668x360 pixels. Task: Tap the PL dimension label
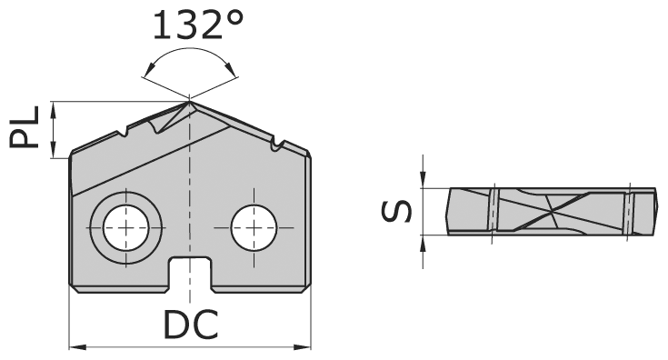pyautogui.click(x=26, y=128)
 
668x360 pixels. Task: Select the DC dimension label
pyautogui.click(x=191, y=325)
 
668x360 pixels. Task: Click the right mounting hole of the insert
pyautogui.click(x=254, y=225)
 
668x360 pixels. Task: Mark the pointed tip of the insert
pyautogui.click(x=190, y=101)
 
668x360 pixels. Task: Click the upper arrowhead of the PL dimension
pyautogui.click(x=55, y=105)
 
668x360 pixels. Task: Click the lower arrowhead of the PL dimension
pyautogui.click(x=55, y=152)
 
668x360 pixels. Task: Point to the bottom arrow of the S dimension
pyautogui.click(x=424, y=241)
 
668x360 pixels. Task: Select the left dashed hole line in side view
pyautogui.click(x=491, y=212)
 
